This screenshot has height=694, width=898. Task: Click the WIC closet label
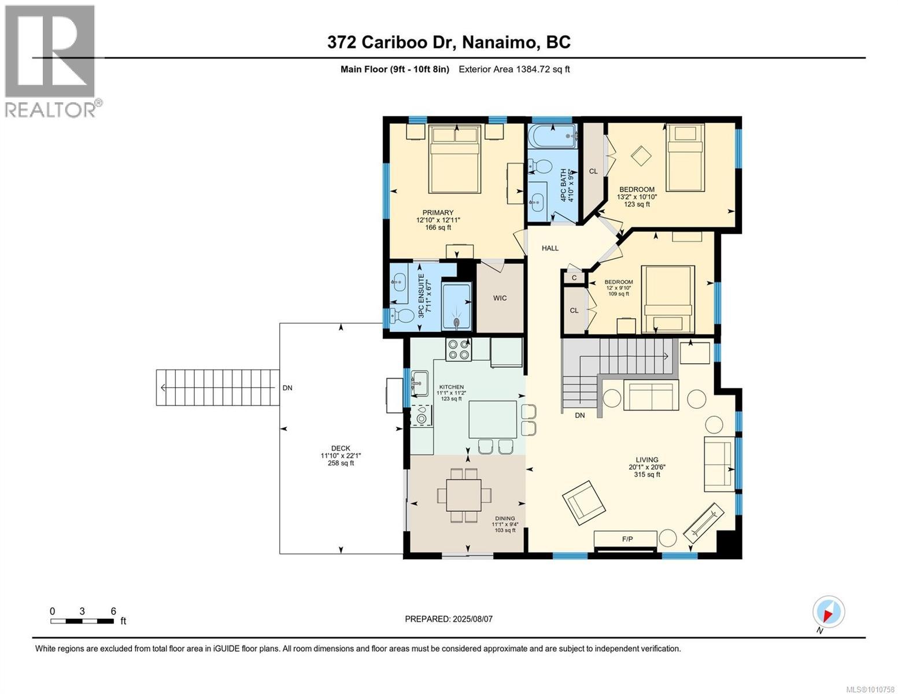point(500,298)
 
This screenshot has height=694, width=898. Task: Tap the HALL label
point(550,248)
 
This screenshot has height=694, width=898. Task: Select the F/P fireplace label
point(627,539)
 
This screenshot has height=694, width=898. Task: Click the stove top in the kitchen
point(459,349)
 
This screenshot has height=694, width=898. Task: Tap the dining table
point(464,495)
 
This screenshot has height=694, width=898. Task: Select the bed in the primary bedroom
point(455,159)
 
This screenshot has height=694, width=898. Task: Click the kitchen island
point(493,419)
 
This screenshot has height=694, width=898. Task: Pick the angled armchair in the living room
point(584,503)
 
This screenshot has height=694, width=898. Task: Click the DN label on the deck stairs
point(287,387)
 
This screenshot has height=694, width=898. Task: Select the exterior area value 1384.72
point(533,69)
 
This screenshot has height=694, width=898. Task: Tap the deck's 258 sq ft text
point(341,463)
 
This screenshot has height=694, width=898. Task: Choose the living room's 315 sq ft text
point(647,474)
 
